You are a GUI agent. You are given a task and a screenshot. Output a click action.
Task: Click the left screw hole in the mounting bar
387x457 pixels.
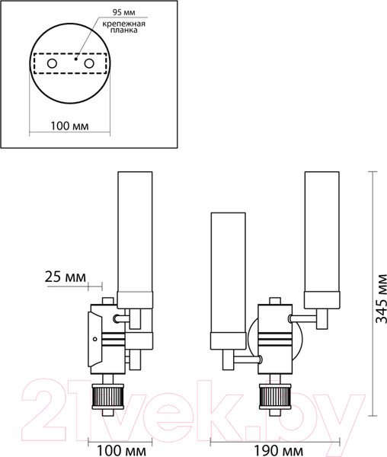(x=52, y=63)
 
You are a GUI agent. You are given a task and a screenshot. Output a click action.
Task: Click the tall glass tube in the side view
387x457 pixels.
(x=135, y=232)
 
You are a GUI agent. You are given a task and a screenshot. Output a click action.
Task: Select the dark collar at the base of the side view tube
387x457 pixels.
(x=135, y=300)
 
